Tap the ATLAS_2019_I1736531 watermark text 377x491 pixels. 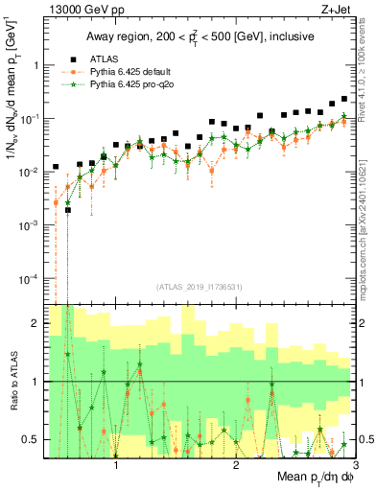pos(199,287)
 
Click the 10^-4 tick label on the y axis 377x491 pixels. pos(28,278)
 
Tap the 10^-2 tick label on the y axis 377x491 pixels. pos(28,172)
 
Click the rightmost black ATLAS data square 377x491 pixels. pos(344,99)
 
